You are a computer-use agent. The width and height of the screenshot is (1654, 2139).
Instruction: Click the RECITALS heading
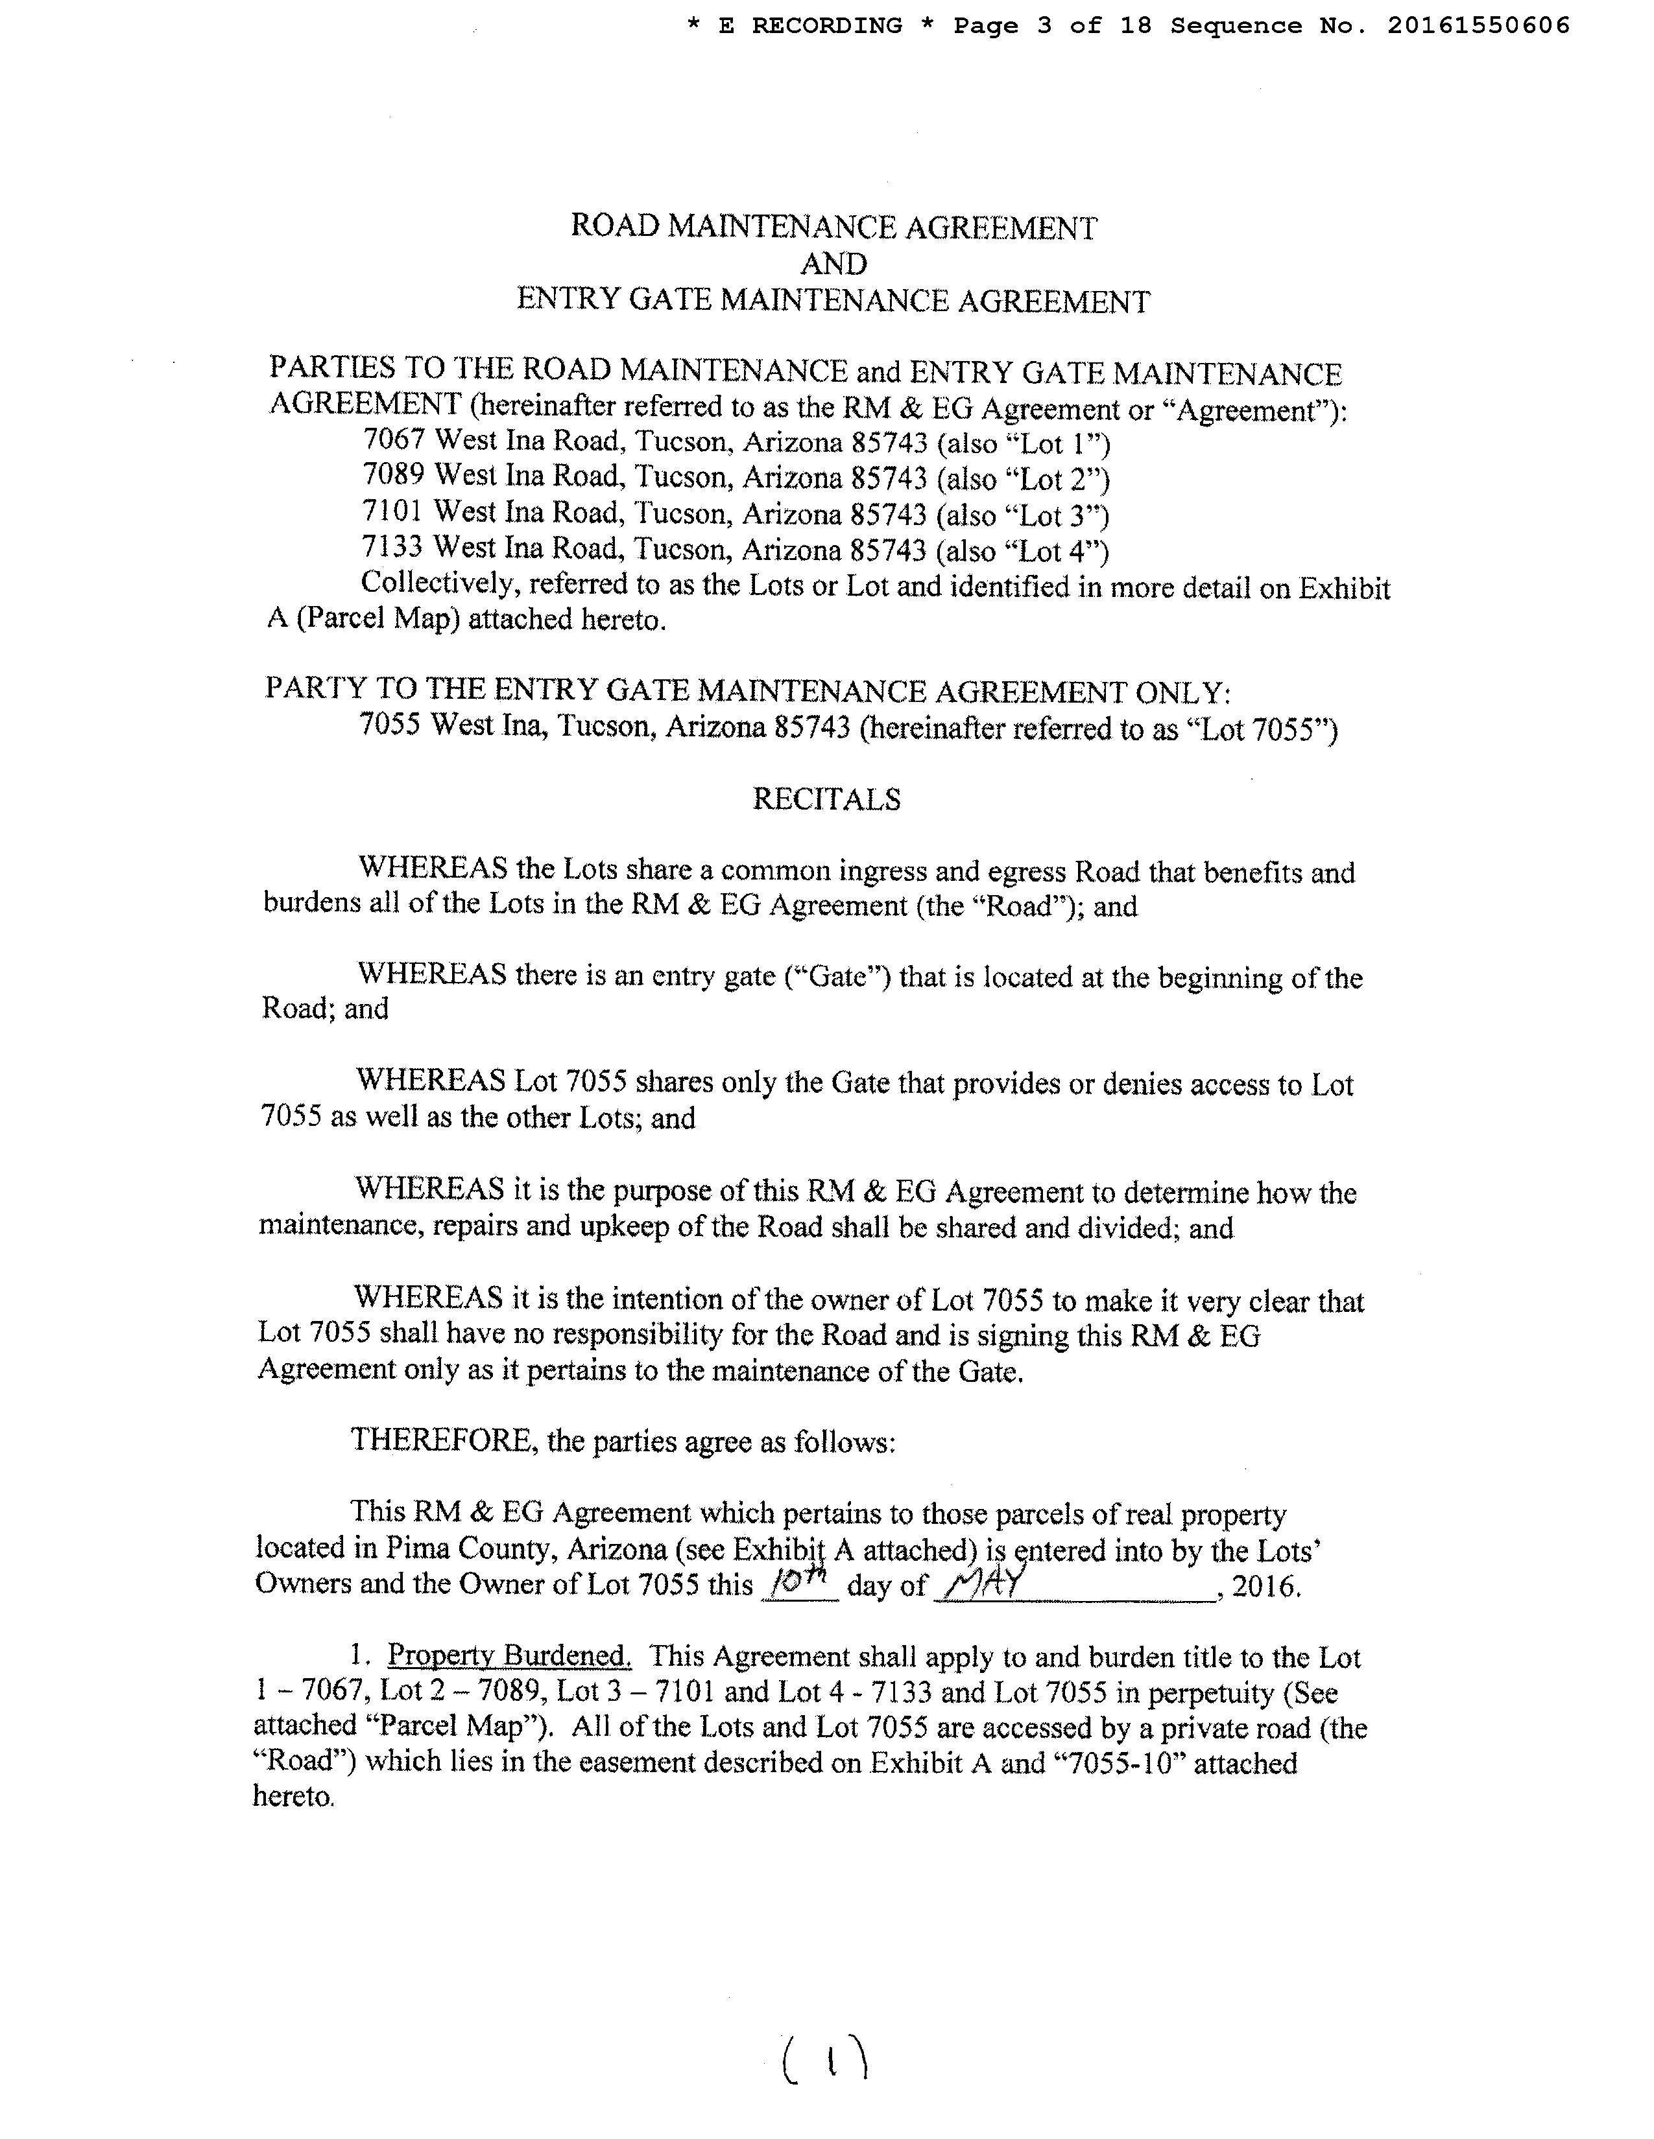tap(826, 799)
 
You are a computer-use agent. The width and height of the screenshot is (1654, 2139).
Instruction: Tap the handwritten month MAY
tap(980, 1584)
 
